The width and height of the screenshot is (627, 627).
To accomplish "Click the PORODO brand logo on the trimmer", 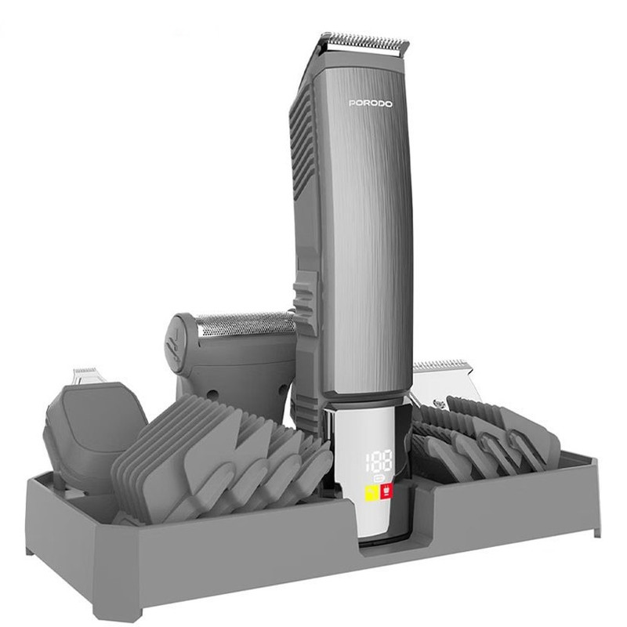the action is [370, 103].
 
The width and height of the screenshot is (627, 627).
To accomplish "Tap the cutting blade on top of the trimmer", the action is [364, 43].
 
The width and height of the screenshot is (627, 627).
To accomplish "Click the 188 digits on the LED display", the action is [379, 461].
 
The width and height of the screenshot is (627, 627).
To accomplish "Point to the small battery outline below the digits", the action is [379, 478].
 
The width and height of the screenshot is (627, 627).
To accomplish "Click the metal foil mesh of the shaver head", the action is [245, 324].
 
